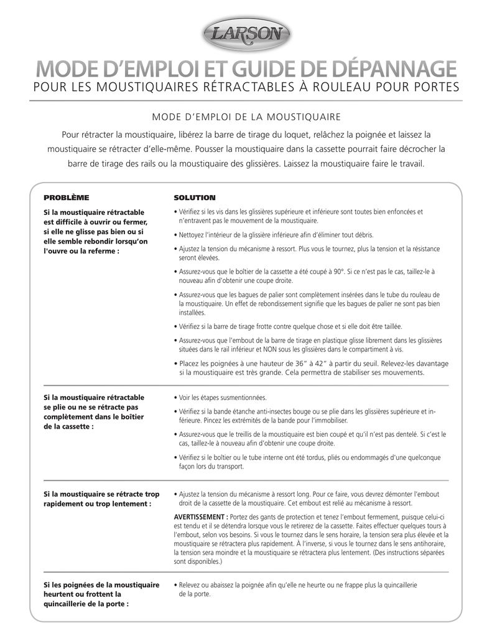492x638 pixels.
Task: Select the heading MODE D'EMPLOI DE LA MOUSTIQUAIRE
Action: [x=246, y=117]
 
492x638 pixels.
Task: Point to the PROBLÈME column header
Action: [x=66, y=198]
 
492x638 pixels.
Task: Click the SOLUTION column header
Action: [x=194, y=198]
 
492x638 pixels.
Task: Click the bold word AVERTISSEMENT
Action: [x=200, y=517]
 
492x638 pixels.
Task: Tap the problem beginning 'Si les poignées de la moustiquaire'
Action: [x=101, y=594]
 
